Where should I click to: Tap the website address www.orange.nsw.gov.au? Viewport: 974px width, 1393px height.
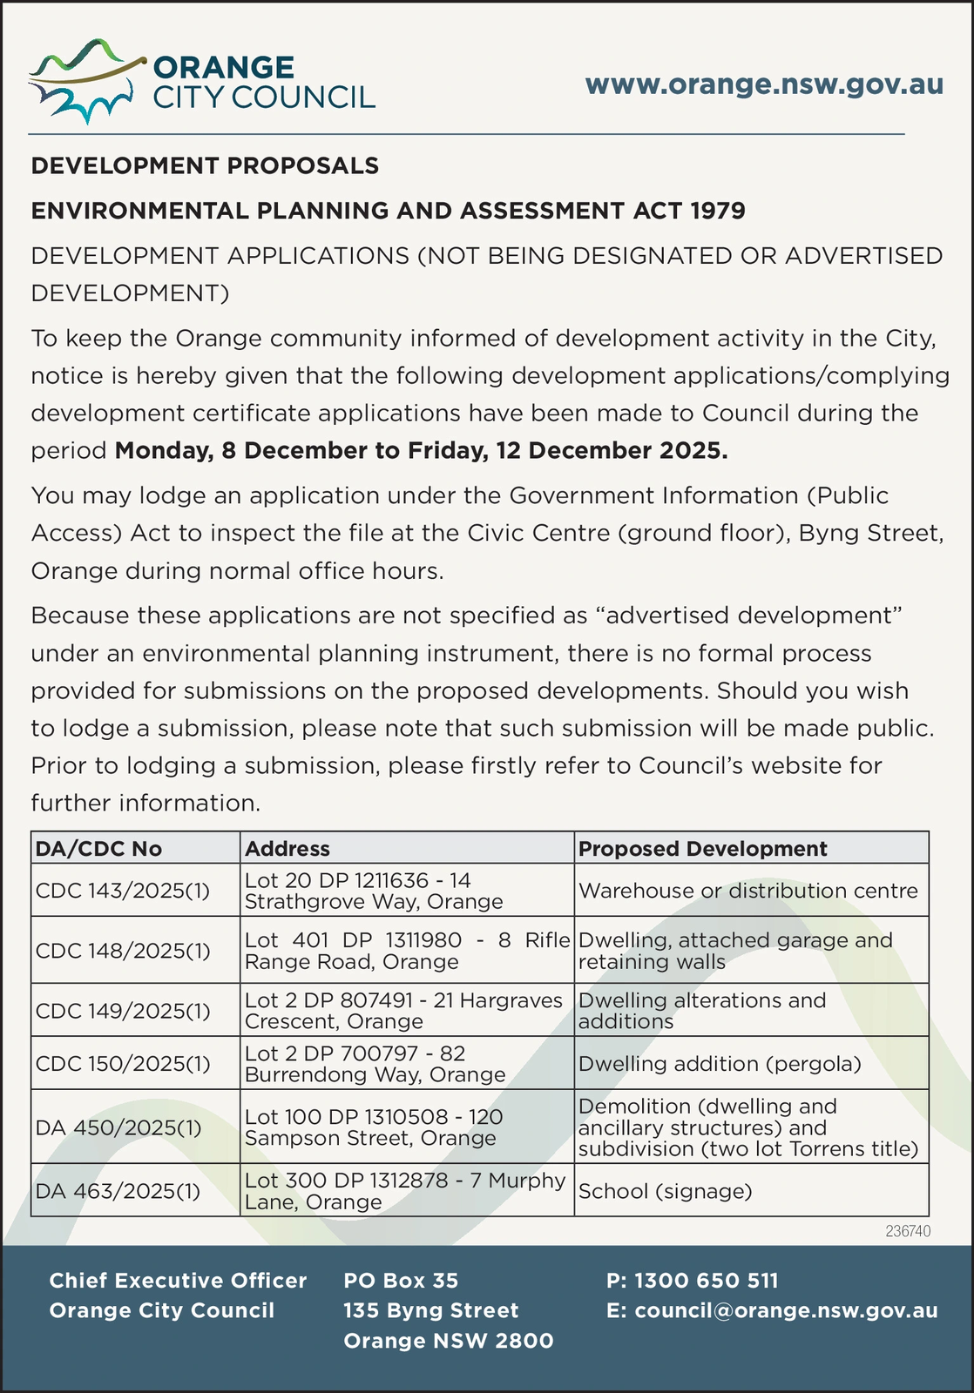pos(764,84)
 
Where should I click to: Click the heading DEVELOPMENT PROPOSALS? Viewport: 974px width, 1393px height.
pos(205,165)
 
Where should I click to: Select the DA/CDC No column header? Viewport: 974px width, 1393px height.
pos(98,848)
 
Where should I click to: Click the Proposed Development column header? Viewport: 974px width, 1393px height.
pos(702,848)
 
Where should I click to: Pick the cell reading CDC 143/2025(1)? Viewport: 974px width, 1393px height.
pos(123,891)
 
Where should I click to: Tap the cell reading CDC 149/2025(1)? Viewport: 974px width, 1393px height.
pos(123,1011)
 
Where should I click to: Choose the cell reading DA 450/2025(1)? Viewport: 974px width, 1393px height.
pos(118,1127)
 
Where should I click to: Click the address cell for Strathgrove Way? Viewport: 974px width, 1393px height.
pos(375,891)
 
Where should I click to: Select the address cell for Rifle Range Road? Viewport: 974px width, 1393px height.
pos(406,951)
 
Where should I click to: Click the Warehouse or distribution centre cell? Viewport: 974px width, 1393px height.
pos(747,891)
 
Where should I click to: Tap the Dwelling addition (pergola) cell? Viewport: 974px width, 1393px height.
pos(720,1064)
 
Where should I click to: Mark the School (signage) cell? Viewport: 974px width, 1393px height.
pos(665,1191)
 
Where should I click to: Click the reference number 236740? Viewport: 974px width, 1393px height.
pos(908,1231)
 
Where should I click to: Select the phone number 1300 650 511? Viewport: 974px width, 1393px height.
pos(706,1281)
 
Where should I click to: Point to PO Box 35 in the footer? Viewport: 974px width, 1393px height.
pos(401,1281)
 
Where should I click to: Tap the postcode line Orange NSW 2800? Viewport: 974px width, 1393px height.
pos(448,1341)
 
